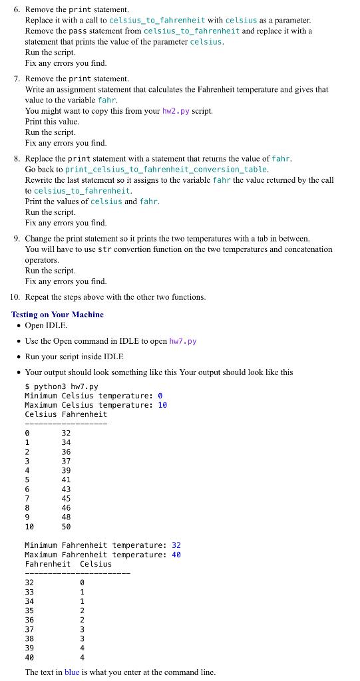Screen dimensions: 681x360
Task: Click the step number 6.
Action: point(17,10)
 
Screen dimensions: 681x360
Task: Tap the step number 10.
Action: point(15,297)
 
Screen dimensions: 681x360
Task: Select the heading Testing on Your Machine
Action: point(57,315)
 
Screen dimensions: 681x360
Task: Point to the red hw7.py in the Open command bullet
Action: point(183,341)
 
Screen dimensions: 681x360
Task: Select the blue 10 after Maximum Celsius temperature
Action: point(162,405)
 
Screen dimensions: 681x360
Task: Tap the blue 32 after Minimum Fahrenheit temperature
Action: point(176,545)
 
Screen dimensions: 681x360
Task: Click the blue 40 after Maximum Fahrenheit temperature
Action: point(176,555)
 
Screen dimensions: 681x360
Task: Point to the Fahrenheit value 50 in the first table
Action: point(66,526)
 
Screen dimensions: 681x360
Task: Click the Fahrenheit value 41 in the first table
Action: point(66,479)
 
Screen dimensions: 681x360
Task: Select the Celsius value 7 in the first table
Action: point(27,498)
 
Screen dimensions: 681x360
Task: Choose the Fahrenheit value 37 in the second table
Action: point(29,628)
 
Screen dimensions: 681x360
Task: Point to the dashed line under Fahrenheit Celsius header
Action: point(77,573)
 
